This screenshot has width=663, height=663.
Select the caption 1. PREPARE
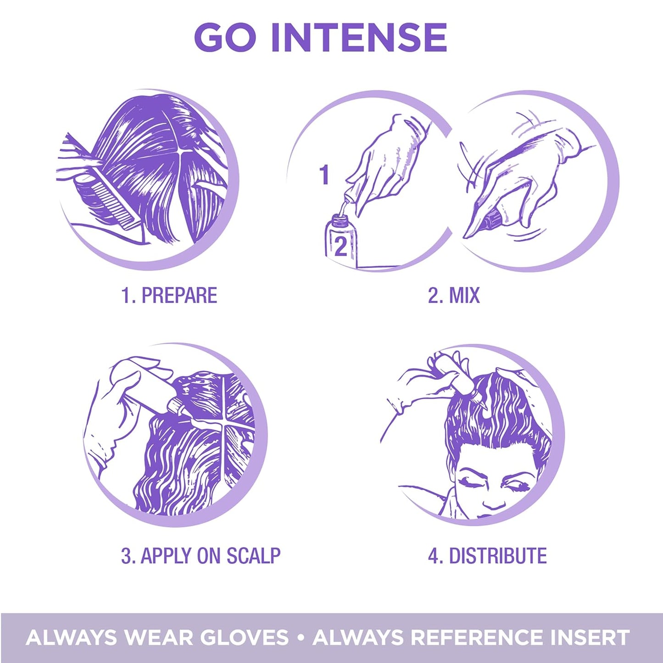tap(169, 295)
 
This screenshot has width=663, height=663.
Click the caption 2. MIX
tap(453, 295)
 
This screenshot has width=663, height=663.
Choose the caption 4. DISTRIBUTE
tap(487, 556)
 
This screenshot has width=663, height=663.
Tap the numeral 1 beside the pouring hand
tap(324, 175)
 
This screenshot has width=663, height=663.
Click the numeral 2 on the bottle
tap(340, 247)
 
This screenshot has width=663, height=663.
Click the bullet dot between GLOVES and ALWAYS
tap(301, 637)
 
